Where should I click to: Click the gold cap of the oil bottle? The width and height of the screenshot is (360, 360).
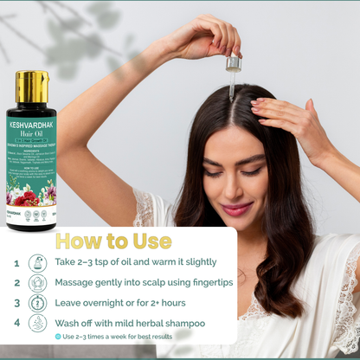(31, 86)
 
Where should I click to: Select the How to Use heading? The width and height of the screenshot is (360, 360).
(113, 241)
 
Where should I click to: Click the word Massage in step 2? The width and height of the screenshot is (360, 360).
(80, 283)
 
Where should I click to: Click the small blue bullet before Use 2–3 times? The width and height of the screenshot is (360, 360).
(58, 337)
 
